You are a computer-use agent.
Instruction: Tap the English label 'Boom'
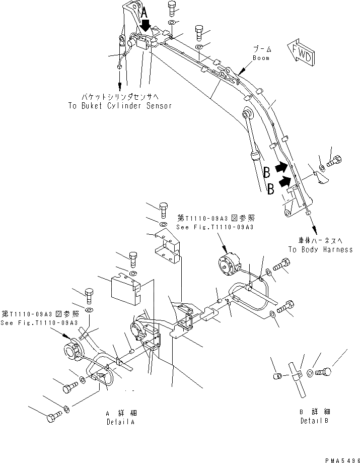pos(261,58)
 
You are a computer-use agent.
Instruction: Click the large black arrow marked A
pos(145,23)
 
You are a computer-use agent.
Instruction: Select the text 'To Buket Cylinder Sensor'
pos(119,106)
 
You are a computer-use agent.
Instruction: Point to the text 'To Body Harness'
pos(320,249)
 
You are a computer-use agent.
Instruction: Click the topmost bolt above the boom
pos(172,8)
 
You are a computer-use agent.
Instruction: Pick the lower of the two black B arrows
pos(284,180)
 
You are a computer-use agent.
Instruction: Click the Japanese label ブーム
pos(262,49)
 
